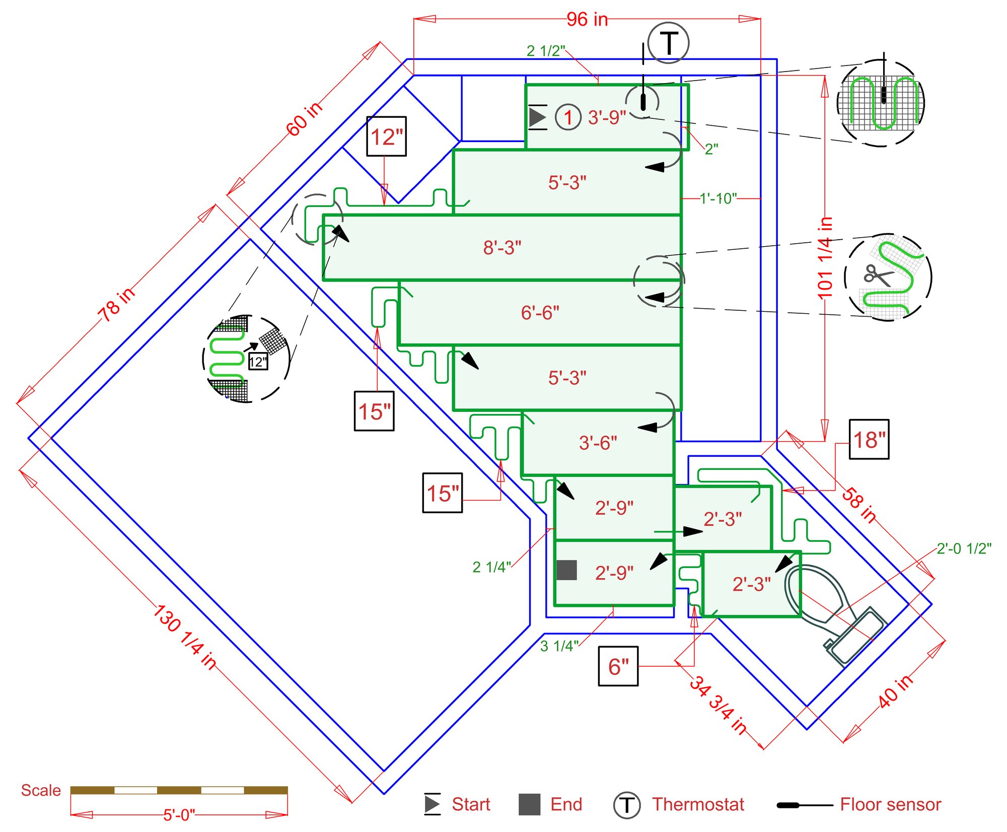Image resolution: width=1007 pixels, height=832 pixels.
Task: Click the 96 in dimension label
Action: pyautogui.click(x=587, y=20)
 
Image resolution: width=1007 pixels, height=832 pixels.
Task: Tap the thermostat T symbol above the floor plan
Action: pyautogui.click(x=668, y=43)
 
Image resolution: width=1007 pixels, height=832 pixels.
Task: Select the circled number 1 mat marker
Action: pyautogui.click(x=568, y=117)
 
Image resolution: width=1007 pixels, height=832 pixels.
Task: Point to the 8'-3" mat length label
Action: pyautogui.click(x=502, y=248)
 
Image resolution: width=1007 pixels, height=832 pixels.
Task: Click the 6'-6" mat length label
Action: pyautogui.click(x=540, y=313)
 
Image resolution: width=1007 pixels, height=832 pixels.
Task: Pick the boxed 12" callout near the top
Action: pyautogui.click(x=386, y=136)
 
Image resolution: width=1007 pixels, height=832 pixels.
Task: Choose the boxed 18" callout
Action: pyautogui.click(x=869, y=439)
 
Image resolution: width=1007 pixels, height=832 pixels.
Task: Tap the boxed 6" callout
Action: pyautogui.click(x=618, y=666)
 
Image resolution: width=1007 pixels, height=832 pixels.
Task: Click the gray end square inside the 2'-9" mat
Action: pyautogui.click(x=566, y=570)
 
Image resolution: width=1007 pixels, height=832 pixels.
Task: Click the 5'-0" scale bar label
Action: pyautogui.click(x=179, y=814)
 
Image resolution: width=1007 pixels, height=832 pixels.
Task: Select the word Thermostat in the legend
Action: pyautogui.click(x=698, y=804)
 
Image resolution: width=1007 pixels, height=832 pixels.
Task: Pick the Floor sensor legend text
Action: pyautogui.click(x=890, y=804)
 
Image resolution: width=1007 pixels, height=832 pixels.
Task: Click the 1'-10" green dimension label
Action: pyautogui.click(x=718, y=198)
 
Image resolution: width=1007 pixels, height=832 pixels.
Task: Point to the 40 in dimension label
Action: pyautogui.click(x=895, y=691)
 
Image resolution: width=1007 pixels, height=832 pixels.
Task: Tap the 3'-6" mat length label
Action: pyautogui.click(x=598, y=443)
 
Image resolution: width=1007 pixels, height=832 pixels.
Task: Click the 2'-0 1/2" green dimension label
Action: pyautogui.click(x=964, y=548)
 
